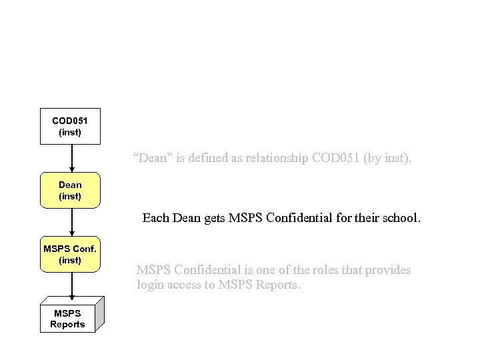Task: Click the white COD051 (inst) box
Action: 70,126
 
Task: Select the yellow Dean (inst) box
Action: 70,190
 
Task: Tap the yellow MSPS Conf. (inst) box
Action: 70,254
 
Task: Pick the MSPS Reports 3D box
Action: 67,319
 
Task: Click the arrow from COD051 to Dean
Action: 71,159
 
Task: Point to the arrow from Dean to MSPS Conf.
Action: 71,222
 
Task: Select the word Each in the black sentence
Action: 155,217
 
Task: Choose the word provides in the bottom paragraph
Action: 389,270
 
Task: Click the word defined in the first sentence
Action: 207,159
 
